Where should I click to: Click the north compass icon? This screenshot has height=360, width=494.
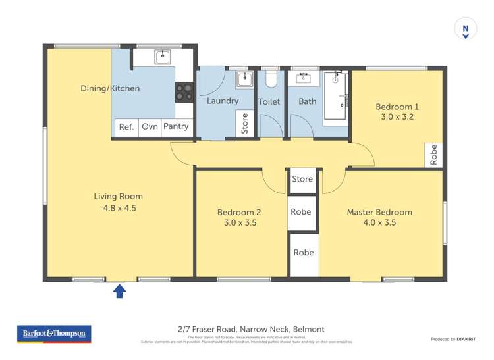click(x=466, y=30)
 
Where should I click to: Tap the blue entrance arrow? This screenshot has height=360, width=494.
click(x=120, y=290)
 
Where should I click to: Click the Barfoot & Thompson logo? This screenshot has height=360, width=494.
click(x=54, y=334)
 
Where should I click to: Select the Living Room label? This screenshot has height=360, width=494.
click(x=118, y=196)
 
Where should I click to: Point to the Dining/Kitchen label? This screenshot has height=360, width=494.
click(x=110, y=88)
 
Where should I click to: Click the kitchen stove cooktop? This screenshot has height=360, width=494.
click(x=184, y=92)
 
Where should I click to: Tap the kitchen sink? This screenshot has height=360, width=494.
click(x=163, y=56)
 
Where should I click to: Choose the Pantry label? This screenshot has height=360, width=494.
click(x=176, y=126)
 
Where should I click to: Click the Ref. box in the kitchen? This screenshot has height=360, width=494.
click(x=126, y=127)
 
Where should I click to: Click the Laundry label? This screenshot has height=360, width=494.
click(x=222, y=101)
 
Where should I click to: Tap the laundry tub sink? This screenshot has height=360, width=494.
click(x=244, y=79)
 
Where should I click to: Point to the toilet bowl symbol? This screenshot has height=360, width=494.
click(x=270, y=79)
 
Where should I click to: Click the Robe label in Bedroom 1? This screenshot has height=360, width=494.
click(x=433, y=155)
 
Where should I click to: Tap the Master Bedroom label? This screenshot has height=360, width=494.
click(x=379, y=212)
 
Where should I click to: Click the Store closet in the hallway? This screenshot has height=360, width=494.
click(x=302, y=179)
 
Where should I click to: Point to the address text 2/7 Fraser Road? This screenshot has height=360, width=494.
click(x=251, y=329)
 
